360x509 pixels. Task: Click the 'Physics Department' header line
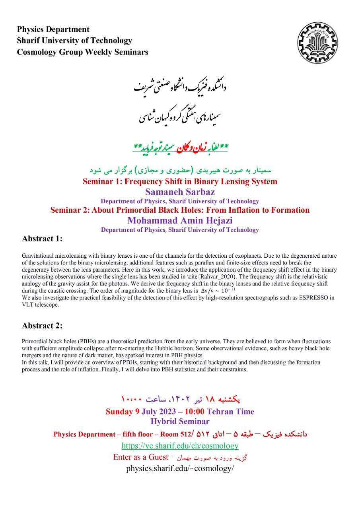click(x=53, y=29)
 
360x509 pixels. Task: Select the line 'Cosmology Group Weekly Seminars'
click(x=82, y=52)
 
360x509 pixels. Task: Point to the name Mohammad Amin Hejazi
click(x=179, y=220)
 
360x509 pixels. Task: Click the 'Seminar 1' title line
click(x=180, y=182)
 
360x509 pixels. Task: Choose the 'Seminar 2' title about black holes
click(x=180, y=210)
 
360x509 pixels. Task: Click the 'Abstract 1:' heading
click(x=42, y=239)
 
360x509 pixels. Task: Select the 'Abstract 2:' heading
click(x=42, y=326)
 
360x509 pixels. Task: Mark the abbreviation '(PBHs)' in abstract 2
click(x=82, y=342)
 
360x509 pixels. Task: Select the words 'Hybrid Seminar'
click(x=180, y=422)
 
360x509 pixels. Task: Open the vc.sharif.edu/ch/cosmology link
click(x=180, y=446)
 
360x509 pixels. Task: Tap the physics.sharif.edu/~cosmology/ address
click(x=180, y=468)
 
